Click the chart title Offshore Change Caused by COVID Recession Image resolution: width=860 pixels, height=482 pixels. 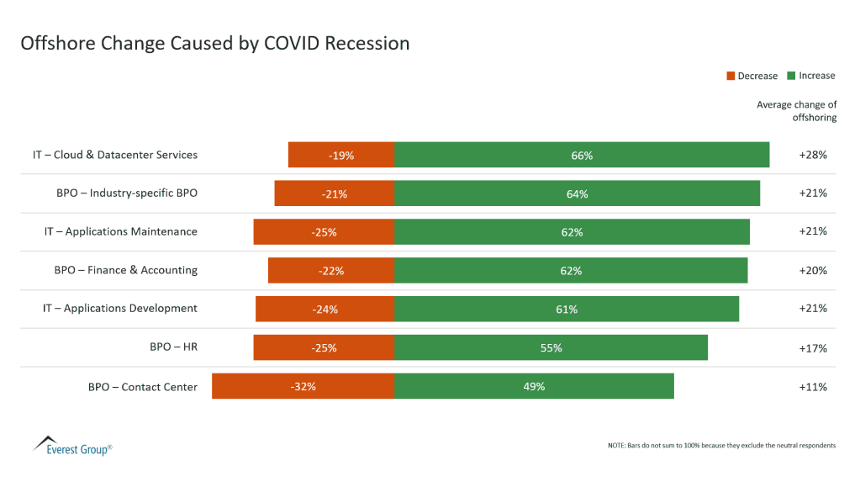tap(215, 43)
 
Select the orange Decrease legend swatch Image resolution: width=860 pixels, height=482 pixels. tap(731, 76)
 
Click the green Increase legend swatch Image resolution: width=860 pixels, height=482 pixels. tap(791, 76)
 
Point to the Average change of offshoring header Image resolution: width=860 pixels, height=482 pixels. tap(796, 111)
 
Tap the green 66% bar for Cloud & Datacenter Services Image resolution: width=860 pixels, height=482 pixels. tap(582, 156)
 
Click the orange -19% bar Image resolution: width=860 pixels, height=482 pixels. tap(341, 156)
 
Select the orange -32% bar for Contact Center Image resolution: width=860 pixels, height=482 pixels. tap(303, 386)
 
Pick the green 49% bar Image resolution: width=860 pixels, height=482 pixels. tap(534, 386)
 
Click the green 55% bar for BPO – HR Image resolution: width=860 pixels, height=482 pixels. tap(551, 347)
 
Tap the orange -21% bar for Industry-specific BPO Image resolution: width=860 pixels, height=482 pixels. tap(335, 193)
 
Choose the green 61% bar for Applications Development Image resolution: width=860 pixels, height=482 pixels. tap(567, 309)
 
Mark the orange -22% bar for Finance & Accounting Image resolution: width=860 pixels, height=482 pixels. tap(331, 271)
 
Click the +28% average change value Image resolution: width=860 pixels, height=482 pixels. tap(812, 155)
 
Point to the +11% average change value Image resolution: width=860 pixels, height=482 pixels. tap(812, 387)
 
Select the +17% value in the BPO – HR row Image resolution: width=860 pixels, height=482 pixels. tap(812, 348)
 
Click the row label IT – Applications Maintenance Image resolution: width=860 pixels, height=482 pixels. tap(121, 231)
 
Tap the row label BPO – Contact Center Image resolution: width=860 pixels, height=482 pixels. tap(143, 387)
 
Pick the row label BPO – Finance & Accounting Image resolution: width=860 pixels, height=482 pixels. tap(126, 270)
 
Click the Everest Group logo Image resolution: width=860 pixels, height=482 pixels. tap(71, 445)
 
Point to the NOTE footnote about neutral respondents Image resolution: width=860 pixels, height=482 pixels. tap(720, 445)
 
